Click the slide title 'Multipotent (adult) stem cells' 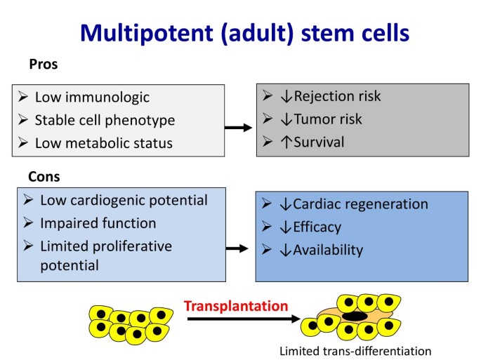tap(245, 33)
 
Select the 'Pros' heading tap(43, 65)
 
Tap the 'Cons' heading tap(44, 175)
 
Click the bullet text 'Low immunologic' tap(92, 98)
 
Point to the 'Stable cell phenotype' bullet tap(105, 120)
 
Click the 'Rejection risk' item tap(338, 96)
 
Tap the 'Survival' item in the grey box tap(319, 142)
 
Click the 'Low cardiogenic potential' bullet tap(124, 200)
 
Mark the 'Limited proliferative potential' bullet tap(105, 255)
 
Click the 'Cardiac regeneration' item tap(360, 204)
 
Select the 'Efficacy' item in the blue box tap(317, 227)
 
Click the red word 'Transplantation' tap(236, 306)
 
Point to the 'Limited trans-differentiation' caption tap(355, 350)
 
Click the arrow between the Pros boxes tap(239, 127)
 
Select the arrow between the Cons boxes tap(239, 248)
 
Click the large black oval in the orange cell tap(354, 316)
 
